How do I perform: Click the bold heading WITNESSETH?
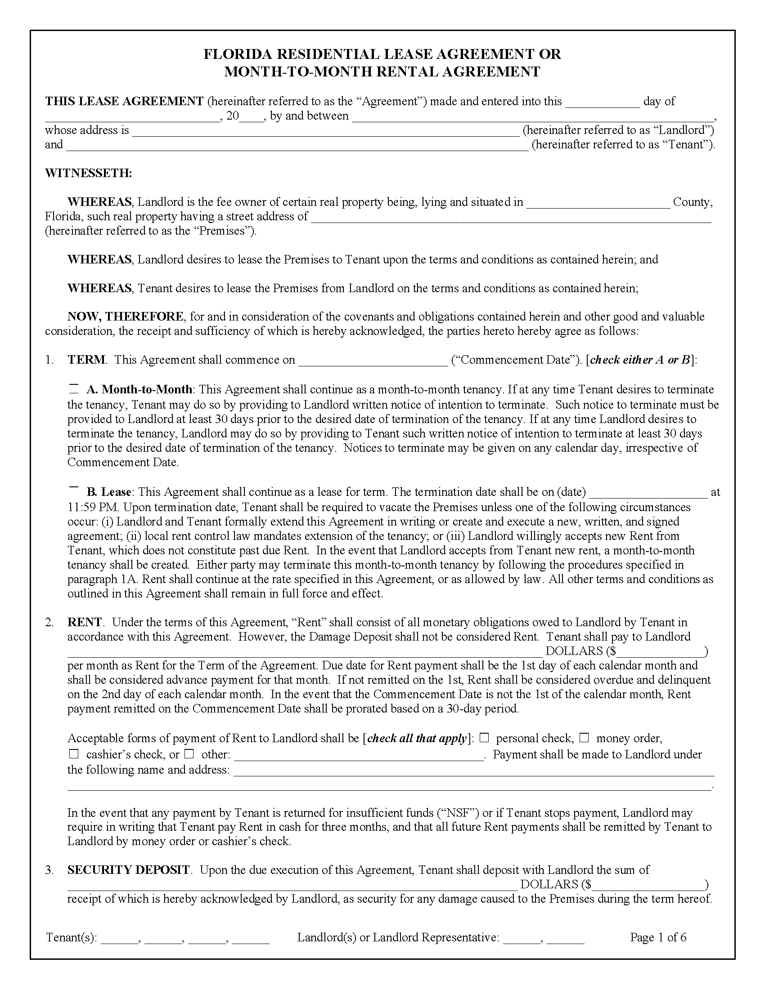88,173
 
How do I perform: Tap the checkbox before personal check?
484,738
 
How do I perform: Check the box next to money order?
584,738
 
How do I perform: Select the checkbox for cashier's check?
74,754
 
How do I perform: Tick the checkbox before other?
189,754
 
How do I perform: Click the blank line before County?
598,203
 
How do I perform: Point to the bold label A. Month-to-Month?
139,389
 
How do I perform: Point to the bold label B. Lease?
109,492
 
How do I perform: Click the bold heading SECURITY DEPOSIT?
129,869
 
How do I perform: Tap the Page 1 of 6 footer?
657,937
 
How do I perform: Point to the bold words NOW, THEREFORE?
126,316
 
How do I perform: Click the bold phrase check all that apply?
417,739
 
